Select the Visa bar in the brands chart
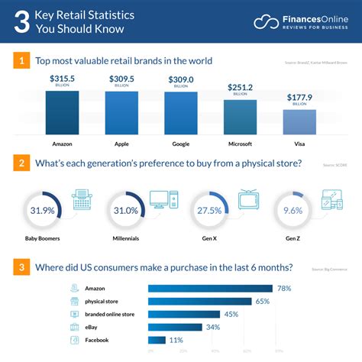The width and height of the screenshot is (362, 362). [x=299, y=121]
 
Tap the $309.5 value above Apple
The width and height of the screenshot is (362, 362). [x=121, y=79]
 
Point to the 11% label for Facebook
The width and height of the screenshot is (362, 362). [x=176, y=340]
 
